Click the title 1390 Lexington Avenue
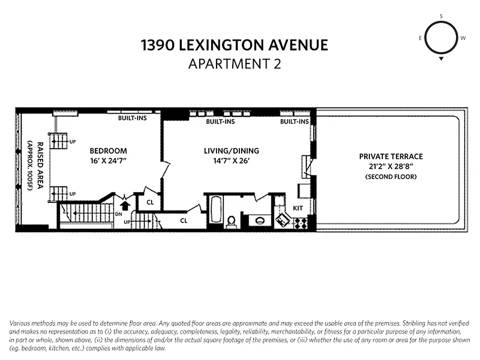click(x=234, y=45)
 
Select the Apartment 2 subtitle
click(x=234, y=64)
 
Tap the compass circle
click(x=441, y=38)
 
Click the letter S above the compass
click(x=441, y=17)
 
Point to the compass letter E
click(x=420, y=38)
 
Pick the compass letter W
click(x=463, y=38)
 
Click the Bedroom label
click(x=108, y=151)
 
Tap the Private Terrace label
click(x=391, y=157)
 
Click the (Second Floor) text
click(x=391, y=177)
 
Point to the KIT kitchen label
click(x=298, y=208)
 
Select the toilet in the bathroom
click(x=232, y=221)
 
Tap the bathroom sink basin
click(x=260, y=221)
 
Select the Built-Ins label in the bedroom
click(x=132, y=118)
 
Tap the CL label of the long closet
click(x=184, y=220)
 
